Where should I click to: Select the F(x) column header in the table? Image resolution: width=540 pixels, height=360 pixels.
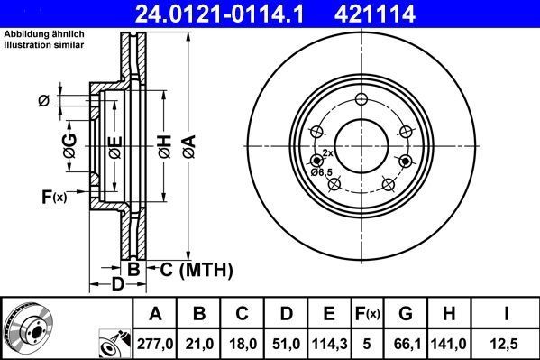(367, 314)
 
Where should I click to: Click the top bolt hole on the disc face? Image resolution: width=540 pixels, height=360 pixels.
(362, 99)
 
